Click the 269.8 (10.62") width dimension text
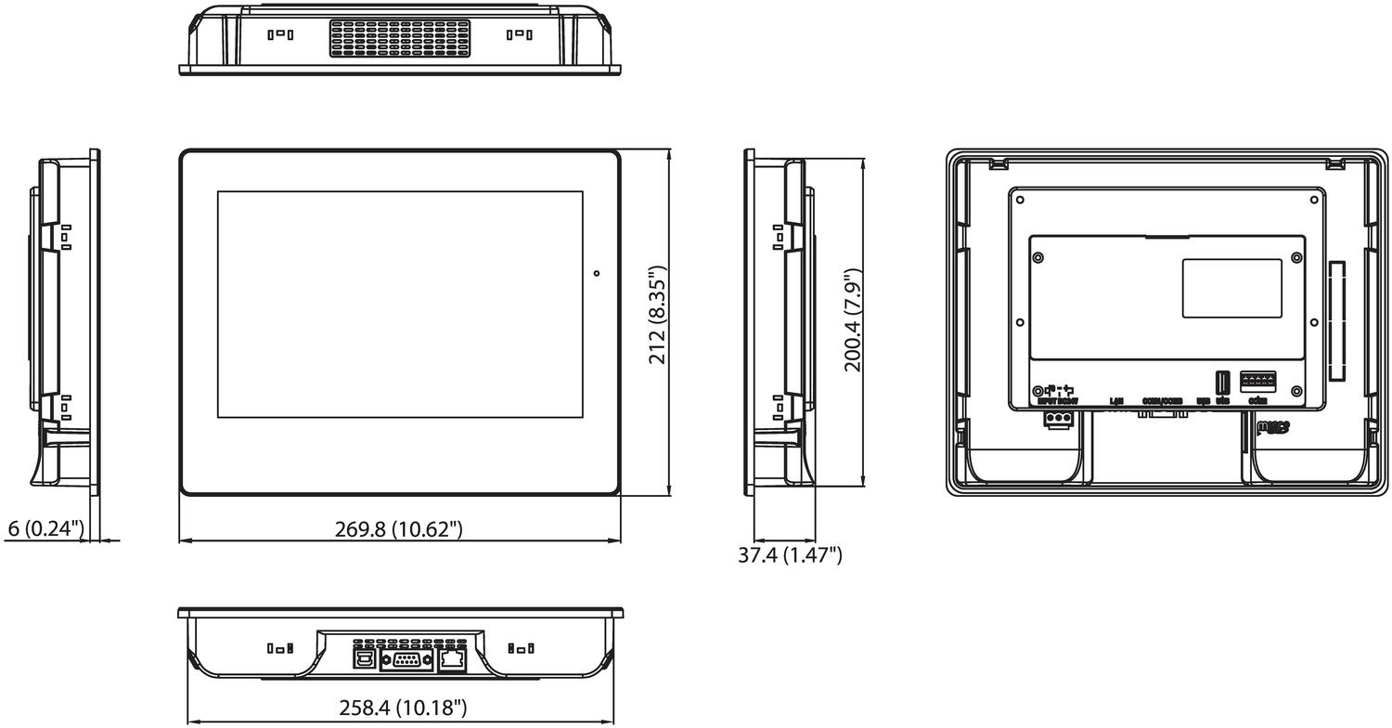pyautogui.click(x=398, y=529)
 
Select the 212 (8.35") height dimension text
pyautogui.click(x=657, y=317)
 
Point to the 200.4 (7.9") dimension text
pyautogui.click(x=853, y=320)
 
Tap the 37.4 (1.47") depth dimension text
pyautogui.click(x=790, y=555)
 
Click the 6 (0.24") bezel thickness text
pyautogui.click(x=45, y=528)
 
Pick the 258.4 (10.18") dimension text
pyautogui.click(x=402, y=708)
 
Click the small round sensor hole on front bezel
pyautogui.click(x=596, y=273)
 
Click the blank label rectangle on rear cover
pyautogui.click(x=1231, y=288)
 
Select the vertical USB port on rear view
pyautogui.click(x=1222, y=383)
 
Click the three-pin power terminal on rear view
pyautogui.click(x=1055, y=419)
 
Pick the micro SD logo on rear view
pyautogui.click(x=1274, y=427)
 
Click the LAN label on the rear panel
pyautogui.click(x=1116, y=402)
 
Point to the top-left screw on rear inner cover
pyautogui.click(x=1038, y=259)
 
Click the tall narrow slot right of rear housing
pyautogui.click(x=1336, y=320)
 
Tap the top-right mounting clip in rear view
pyautogui.click(x=1334, y=164)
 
